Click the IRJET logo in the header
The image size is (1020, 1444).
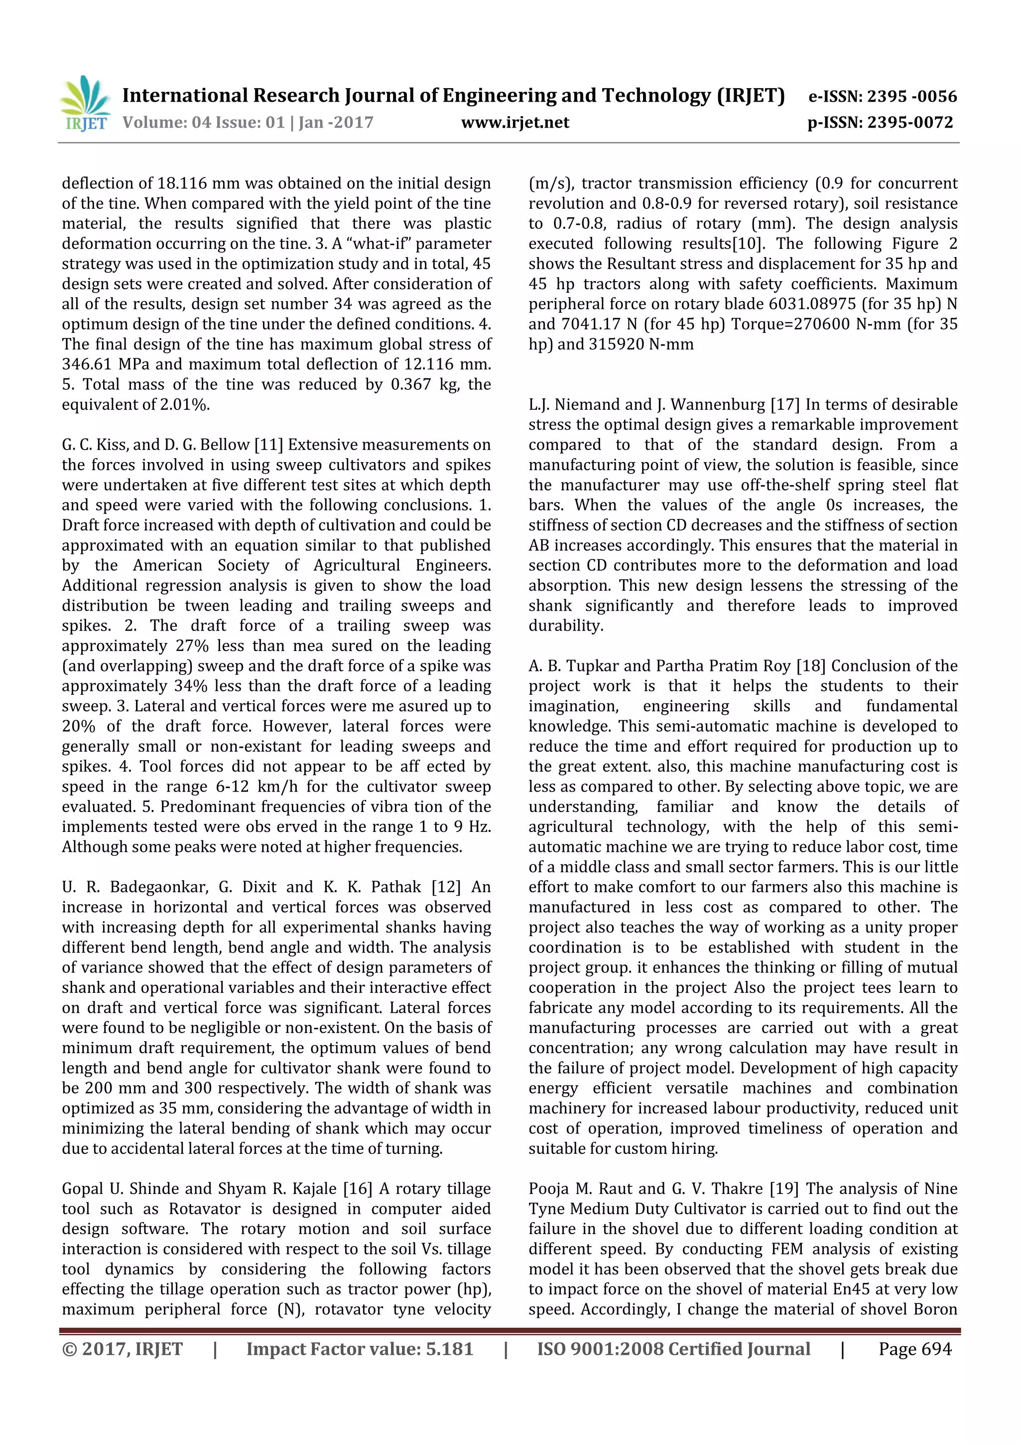pos(85,104)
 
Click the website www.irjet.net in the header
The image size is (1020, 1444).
pos(514,123)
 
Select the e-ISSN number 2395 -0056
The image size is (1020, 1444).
pos(911,96)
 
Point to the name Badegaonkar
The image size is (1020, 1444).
pos(158,887)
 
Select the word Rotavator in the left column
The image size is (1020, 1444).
pos(209,1209)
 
